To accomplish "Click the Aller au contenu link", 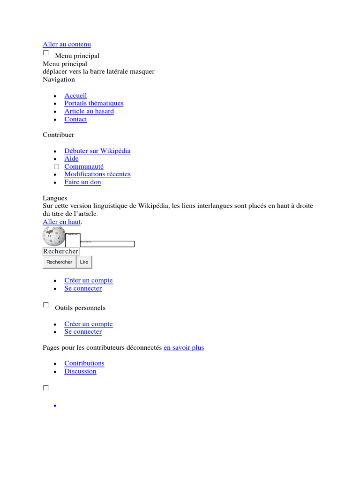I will tap(67, 45).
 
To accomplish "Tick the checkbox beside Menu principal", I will tap(46, 53).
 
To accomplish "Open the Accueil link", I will tap(75, 96).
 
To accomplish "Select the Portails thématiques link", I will tap(94, 104).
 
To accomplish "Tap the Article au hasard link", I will tap(89, 112).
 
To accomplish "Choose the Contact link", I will tap(75, 120).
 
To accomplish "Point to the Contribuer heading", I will tap(58, 135).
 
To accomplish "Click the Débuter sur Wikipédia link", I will tap(97, 151).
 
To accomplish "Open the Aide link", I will tap(71, 159).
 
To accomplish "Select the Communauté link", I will tap(84, 166).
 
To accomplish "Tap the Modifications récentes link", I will tap(97, 174).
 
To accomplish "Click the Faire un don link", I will tap(82, 182).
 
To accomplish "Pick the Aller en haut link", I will tap(61, 222).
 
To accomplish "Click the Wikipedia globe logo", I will tap(53, 236).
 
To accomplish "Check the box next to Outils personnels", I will tap(46, 305).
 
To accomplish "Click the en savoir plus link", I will tap(184, 348).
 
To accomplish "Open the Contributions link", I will tap(84, 363).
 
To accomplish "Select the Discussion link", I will tap(80, 371).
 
